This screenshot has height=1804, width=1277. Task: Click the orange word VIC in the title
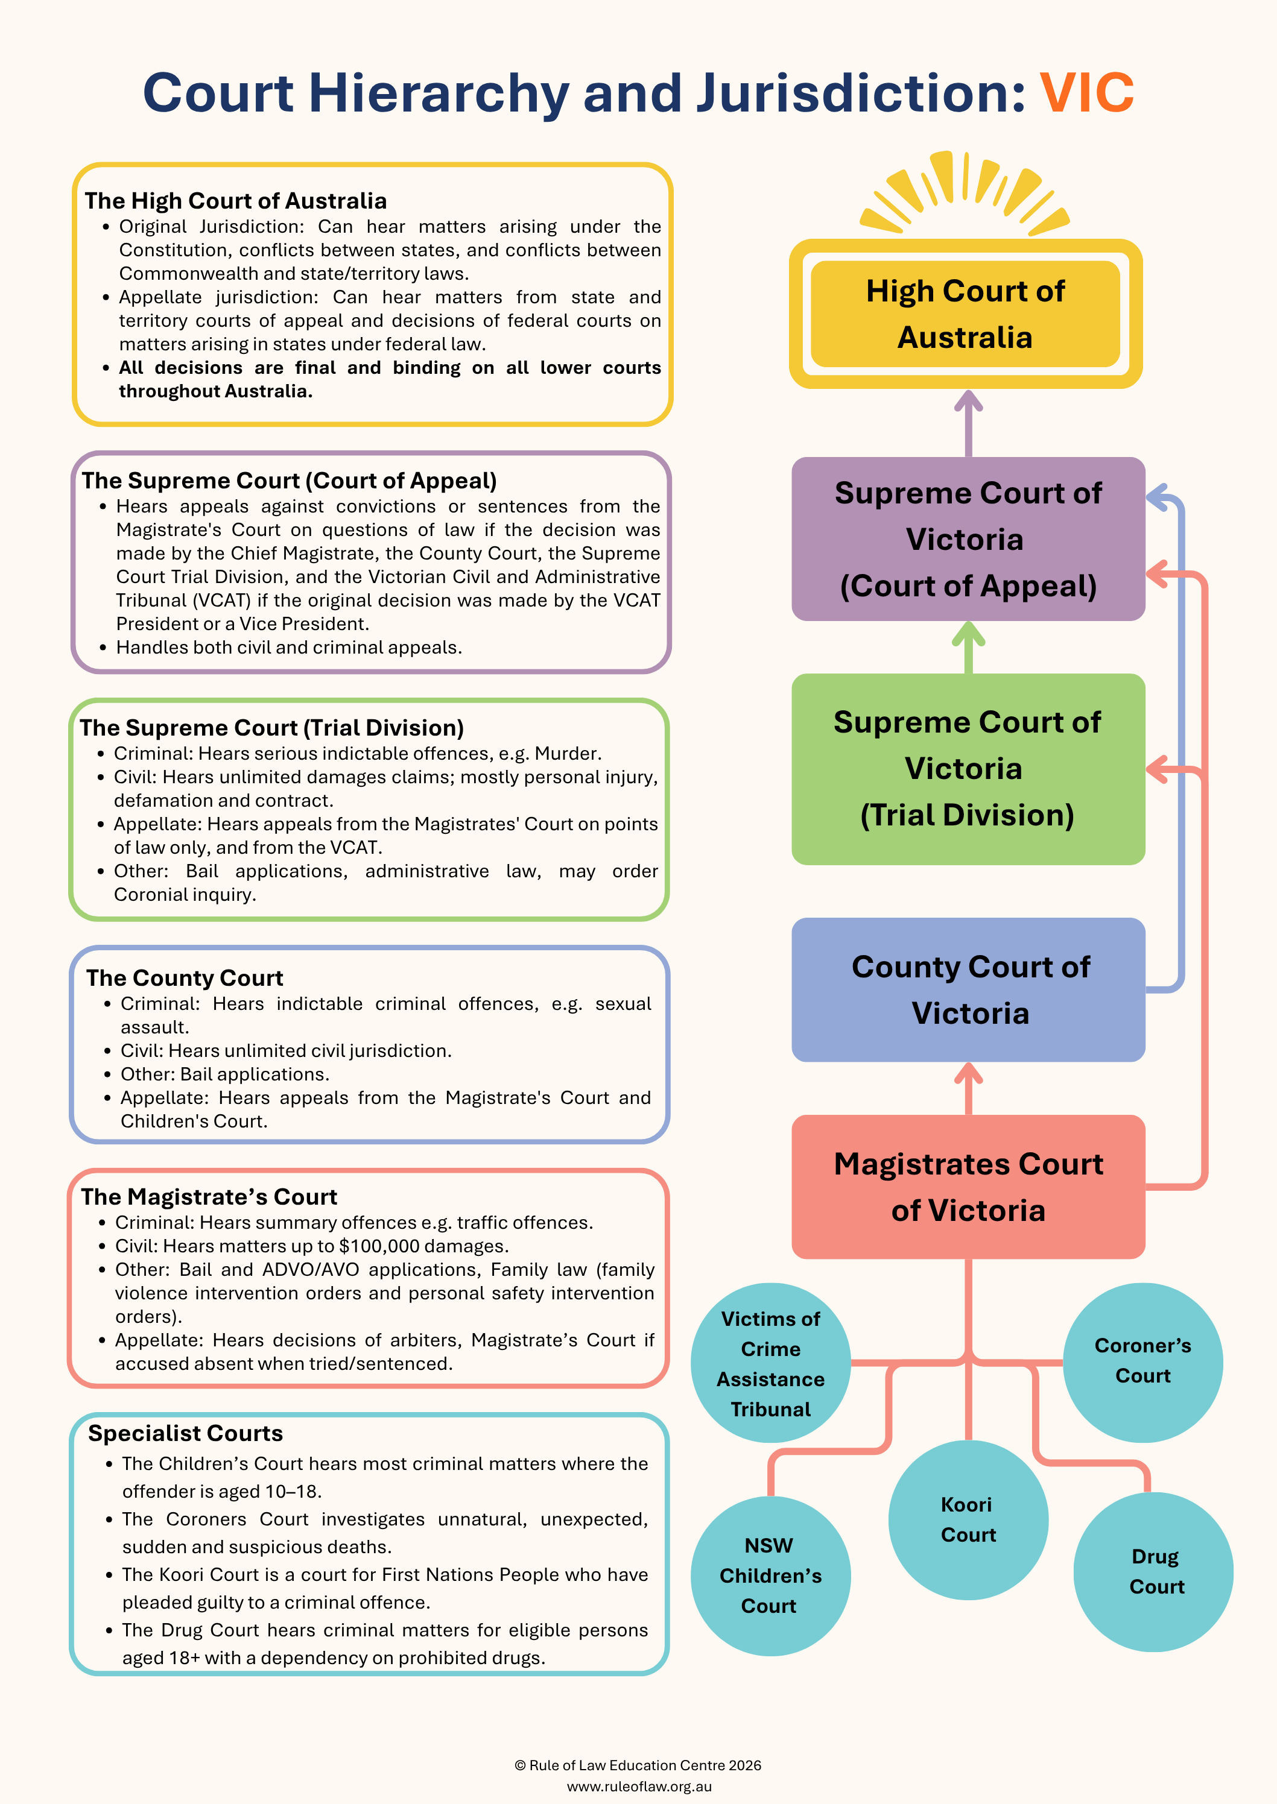point(1087,93)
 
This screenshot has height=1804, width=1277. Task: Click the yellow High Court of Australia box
point(966,314)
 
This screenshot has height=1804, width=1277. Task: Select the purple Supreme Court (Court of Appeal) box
point(968,539)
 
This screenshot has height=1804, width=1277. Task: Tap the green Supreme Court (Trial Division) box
point(968,769)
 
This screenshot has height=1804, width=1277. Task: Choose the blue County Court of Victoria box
point(968,989)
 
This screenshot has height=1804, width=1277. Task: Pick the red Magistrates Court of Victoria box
point(968,1187)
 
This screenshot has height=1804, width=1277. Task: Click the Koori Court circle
point(968,1519)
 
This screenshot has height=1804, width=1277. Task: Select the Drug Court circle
point(1153,1572)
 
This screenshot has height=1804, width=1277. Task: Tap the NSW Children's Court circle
point(771,1576)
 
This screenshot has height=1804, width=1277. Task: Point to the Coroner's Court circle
point(1143,1362)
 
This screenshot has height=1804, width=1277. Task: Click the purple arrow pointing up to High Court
point(968,424)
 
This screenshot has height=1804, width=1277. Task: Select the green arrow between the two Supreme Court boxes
point(968,648)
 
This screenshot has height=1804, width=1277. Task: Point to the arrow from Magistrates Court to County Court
point(968,1089)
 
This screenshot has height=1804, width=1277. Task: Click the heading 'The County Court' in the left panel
point(185,978)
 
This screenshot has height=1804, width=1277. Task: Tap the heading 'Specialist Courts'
point(186,1434)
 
